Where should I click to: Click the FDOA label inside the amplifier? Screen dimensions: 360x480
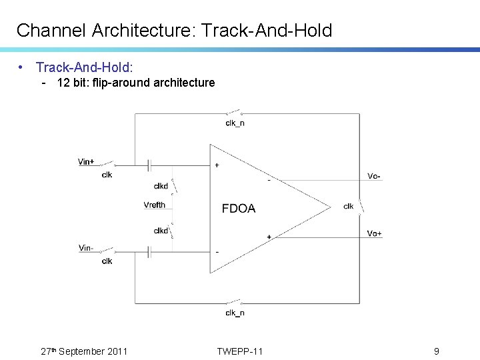[239, 209]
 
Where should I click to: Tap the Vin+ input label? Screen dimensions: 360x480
[86, 161]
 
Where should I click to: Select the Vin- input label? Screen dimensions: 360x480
[85, 248]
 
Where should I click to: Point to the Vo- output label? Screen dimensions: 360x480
[375, 176]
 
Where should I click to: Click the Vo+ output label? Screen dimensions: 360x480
[375, 233]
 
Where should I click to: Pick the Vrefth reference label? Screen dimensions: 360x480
[154, 205]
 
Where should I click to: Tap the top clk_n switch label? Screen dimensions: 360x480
[235, 123]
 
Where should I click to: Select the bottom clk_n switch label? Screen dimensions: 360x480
[235, 313]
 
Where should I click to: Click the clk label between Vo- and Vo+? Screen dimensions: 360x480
[349, 206]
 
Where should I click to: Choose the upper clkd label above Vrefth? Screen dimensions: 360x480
[161, 186]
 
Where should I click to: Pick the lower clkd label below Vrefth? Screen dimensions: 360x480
[161, 231]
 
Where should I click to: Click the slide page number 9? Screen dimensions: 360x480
[436, 351]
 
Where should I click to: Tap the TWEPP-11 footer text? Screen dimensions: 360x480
[240, 351]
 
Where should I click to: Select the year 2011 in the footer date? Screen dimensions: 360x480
[117, 351]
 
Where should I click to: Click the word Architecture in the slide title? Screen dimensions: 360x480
[135, 30]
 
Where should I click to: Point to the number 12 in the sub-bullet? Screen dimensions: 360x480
[63, 83]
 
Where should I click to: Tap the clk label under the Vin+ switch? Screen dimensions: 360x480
[107, 175]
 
